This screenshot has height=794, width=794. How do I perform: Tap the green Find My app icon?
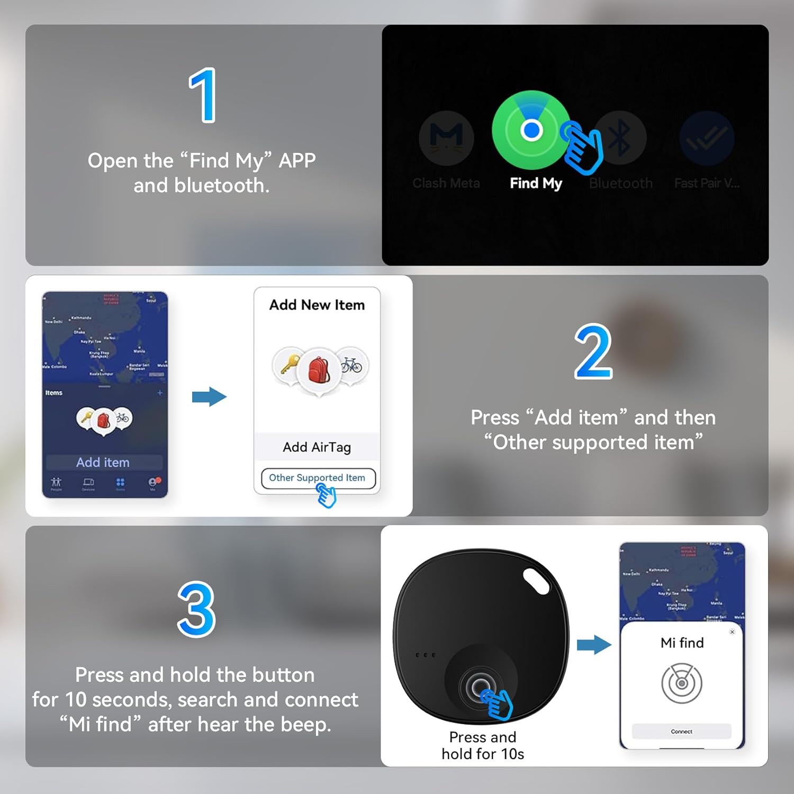tap(531, 130)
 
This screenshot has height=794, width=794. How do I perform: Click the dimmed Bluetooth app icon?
tap(620, 138)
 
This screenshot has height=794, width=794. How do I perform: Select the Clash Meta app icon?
tap(446, 138)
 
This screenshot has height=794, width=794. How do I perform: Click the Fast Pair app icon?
tap(707, 138)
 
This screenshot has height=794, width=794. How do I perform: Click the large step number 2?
tap(593, 352)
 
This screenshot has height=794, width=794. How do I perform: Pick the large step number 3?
tap(196, 609)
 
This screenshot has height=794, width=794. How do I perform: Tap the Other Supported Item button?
tap(318, 477)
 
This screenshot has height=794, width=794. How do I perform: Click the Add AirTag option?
tap(317, 447)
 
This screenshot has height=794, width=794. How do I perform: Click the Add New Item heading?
tap(317, 305)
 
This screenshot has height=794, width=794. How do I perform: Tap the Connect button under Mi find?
tap(681, 731)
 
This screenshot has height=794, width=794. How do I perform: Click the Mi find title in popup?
tap(682, 643)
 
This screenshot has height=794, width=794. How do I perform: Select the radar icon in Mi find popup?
tap(682, 683)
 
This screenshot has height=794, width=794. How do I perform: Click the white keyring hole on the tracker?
tap(536, 581)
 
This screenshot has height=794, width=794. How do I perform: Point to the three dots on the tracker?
tap(426, 655)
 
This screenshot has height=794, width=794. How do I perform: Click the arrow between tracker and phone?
tap(594, 645)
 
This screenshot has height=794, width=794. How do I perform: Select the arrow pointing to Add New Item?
tap(209, 396)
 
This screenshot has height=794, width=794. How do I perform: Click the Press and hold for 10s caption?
tap(483, 745)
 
